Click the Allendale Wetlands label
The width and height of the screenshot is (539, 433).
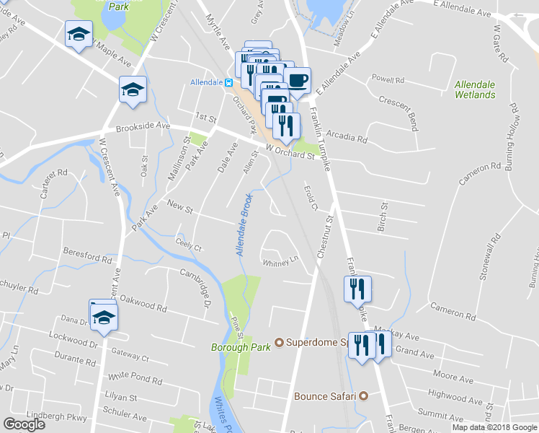click(x=475, y=89)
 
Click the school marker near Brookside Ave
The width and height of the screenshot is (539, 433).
click(x=133, y=89)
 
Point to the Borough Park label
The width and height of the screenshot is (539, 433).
click(x=240, y=346)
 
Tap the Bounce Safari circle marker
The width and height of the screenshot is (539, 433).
click(x=364, y=395)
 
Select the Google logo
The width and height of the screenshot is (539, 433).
click(x=24, y=424)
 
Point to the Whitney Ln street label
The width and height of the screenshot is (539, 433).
click(x=280, y=261)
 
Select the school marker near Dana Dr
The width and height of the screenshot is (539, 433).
click(x=104, y=315)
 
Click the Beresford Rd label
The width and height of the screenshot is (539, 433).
click(x=88, y=257)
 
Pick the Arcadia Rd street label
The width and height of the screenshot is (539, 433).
click(x=347, y=136)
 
